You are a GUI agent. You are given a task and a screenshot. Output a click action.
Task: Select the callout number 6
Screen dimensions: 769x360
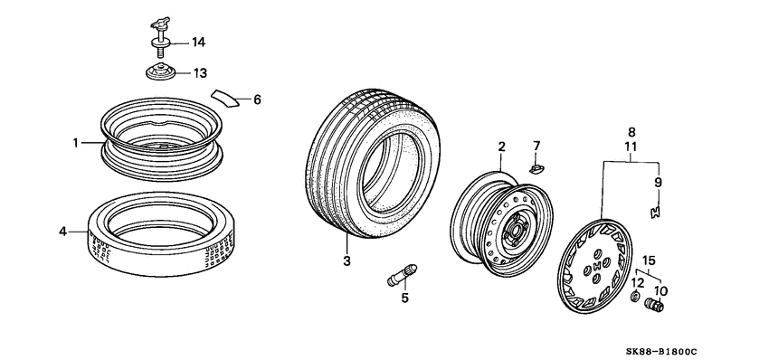(256, 99)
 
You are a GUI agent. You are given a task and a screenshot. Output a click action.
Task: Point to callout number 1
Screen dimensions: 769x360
(77, 142)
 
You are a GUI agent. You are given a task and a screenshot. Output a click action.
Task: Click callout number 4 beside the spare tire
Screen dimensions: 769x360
(63, 232)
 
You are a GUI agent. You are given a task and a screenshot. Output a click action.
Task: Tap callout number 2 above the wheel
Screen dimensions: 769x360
(501, 146)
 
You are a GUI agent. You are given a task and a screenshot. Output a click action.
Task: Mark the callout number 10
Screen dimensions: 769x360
(660, 290)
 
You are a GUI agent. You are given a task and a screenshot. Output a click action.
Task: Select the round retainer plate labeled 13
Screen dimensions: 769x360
(160, 72)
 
